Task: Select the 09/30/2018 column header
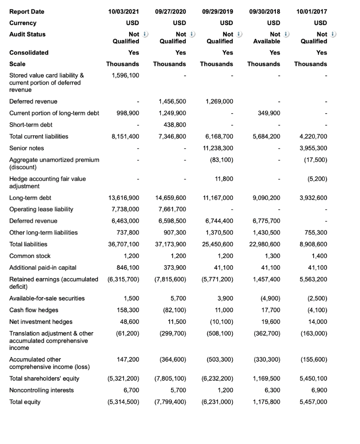(x=264, y=11)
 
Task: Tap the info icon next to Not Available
(x=286, y=34)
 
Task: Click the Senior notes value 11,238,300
(x=218, y=148)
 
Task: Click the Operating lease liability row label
(x=41, y=209)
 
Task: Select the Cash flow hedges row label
(x=34, y=310)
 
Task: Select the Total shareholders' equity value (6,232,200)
(x=218, y=379)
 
